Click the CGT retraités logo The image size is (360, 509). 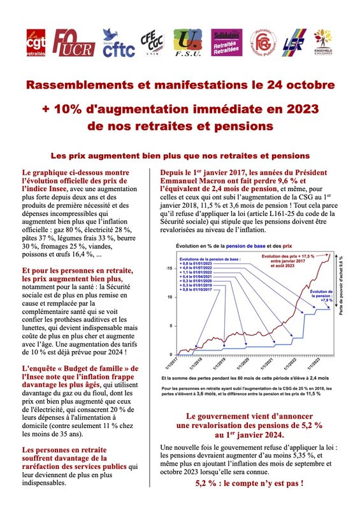pyautogui.click(x=36, y=42)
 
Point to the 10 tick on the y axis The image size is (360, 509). pyautogui.click(x=168, y=297)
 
